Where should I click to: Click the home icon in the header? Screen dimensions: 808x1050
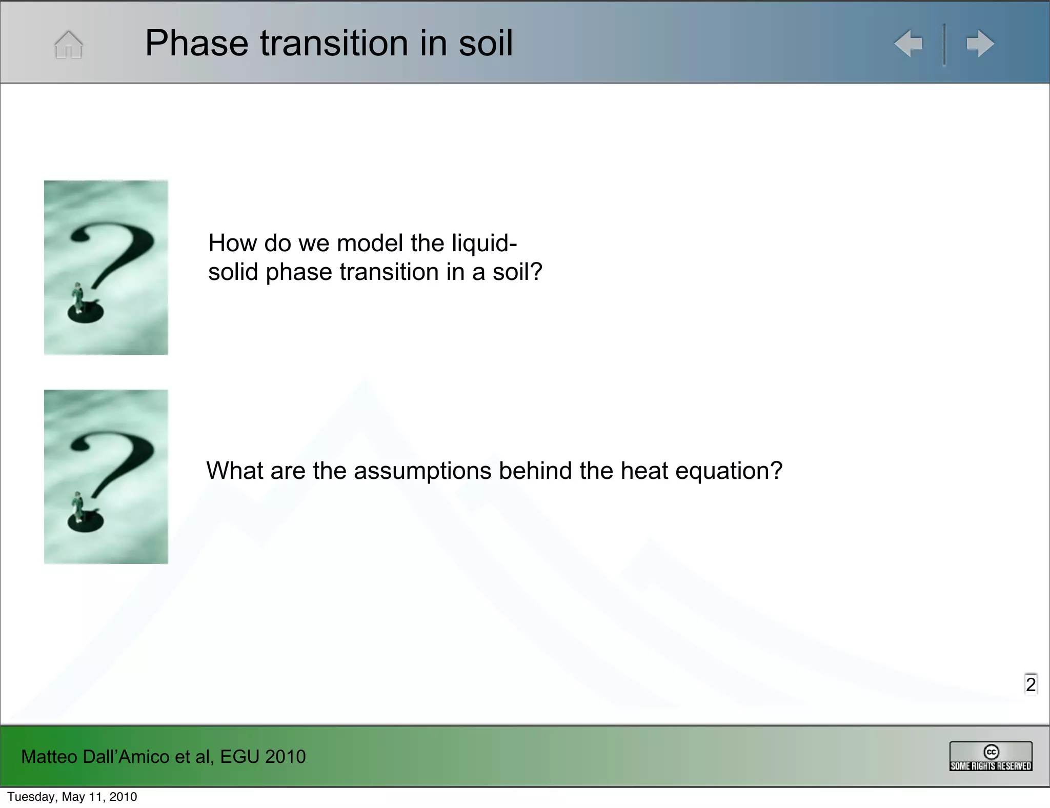point(68,45)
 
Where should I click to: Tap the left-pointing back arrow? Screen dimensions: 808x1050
point(908,44)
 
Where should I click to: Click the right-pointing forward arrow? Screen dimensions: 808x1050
point(980,44)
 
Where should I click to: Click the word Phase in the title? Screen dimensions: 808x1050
point(196,43)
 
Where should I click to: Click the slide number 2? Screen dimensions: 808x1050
point(1031,684)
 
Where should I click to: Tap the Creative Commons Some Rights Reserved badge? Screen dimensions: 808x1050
point(991,756)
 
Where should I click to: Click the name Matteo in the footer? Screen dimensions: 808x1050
point(49,757)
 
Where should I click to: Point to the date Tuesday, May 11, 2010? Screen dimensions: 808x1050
point(72,797)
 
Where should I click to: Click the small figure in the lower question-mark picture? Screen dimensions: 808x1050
point(78,507)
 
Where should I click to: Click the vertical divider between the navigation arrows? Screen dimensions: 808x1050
point(944,45)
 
